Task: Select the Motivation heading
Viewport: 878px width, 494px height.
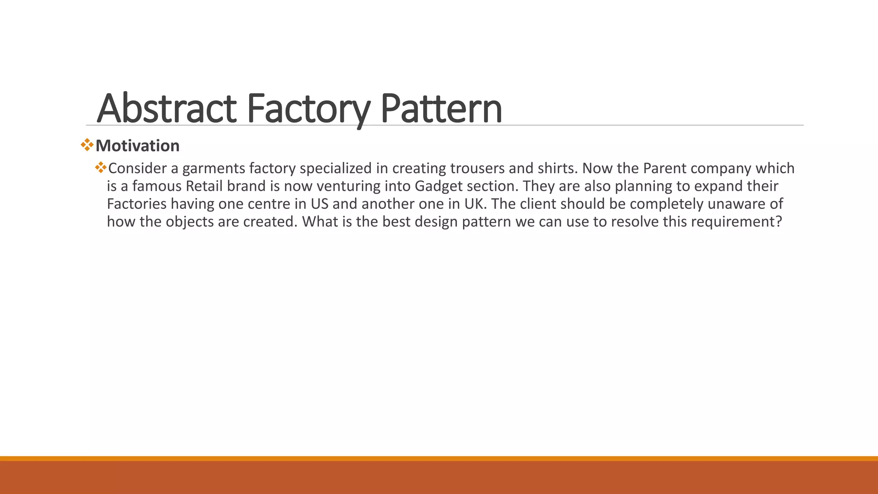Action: tap(137, 146)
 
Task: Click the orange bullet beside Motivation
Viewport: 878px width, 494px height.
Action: tap(87, 145)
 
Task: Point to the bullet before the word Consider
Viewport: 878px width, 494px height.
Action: tap(101, 167)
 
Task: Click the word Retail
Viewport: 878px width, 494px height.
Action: tap(204, 186)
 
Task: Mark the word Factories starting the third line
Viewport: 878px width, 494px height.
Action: tap(137, 204)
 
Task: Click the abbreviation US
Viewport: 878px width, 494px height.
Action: tap(319, 204)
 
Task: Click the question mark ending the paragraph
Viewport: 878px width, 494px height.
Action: tap(779, 222)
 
